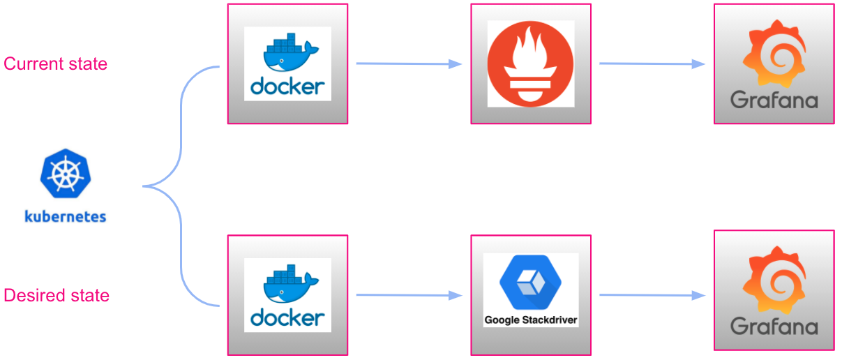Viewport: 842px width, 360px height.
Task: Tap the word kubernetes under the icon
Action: [x=65, y=216]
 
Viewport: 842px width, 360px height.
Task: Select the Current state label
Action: [x=56, y=63]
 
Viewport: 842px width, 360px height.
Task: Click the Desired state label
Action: [x=57, y=295]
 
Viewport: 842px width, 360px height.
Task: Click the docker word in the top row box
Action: [x=287, y=87]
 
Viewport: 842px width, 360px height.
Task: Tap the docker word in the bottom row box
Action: [x=287, y=318]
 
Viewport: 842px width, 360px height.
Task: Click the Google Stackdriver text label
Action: [x=530, y=321]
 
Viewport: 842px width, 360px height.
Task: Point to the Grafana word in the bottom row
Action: [x=774, y=326]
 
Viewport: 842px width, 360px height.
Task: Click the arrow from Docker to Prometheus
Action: [x=409, y=64]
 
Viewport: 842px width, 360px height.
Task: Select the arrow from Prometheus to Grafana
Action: [x=652, y=64]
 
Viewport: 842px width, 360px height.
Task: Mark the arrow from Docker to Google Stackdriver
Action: [x=409, y=295]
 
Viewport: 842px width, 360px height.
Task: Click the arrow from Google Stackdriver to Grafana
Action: [x=652, y=295]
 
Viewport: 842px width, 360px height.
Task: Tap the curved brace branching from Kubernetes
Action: [x=181, y=186]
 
